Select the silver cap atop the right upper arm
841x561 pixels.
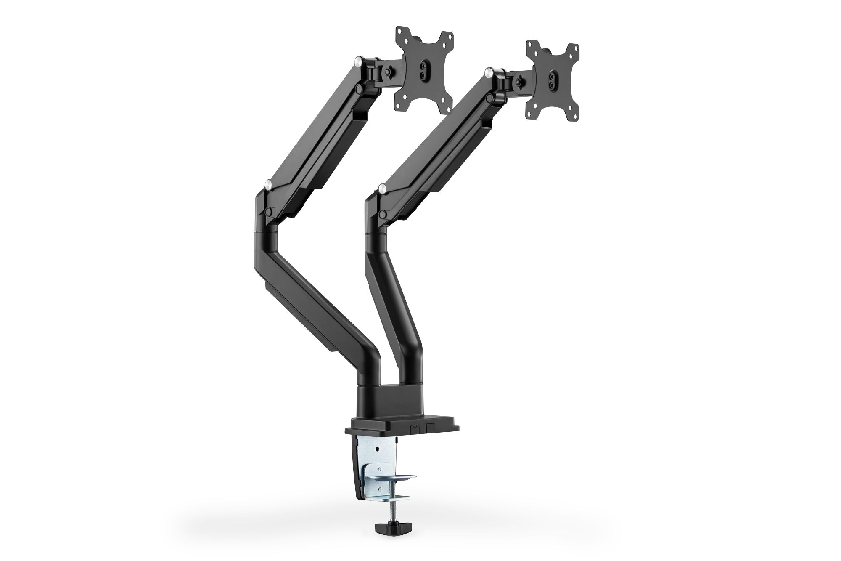pyautogui.click(x=489, y=72)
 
